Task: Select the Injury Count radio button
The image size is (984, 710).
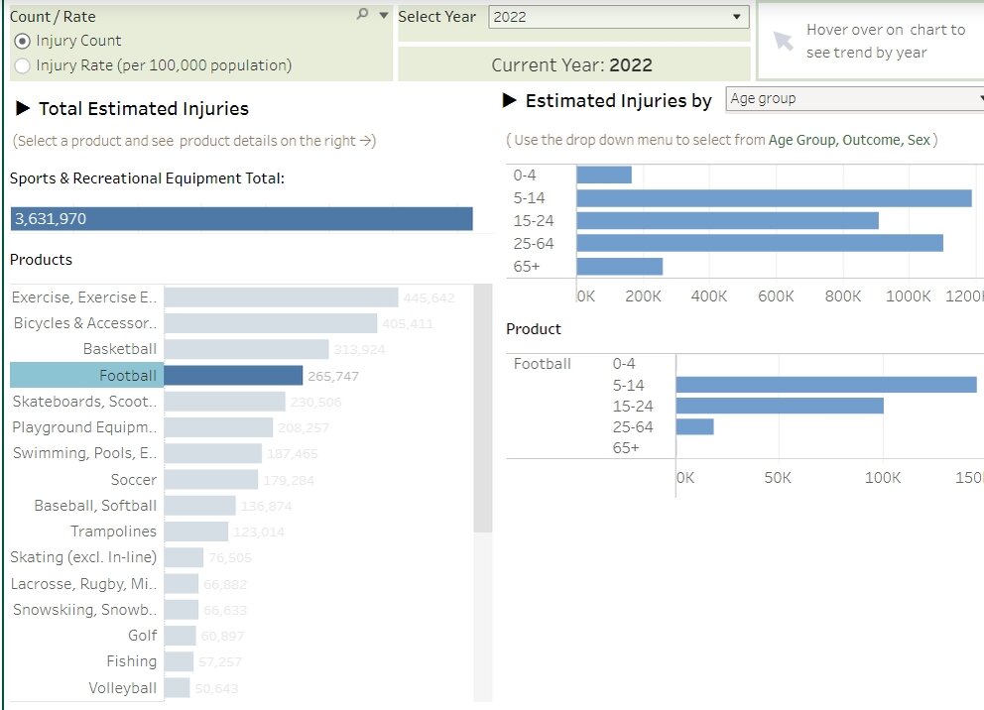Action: coord(23,42)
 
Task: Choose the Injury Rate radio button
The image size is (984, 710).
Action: coord(23,66)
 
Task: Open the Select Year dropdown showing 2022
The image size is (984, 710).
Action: coord(618,17)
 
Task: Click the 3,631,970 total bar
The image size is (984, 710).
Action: coord(241,219)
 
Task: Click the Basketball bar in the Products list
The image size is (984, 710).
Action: coord(246,349)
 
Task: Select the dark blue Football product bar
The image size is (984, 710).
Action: coord(233,376)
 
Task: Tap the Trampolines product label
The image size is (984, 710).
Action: coord(113,532)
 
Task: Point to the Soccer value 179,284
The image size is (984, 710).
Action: coord(289,481)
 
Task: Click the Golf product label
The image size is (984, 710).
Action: coord(142,636)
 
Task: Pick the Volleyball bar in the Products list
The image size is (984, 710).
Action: coord(177,688)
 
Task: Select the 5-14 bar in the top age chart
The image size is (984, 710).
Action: coord(774,197)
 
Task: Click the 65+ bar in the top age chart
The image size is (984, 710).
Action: coord(619,267)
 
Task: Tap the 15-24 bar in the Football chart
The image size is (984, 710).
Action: coord(780,406)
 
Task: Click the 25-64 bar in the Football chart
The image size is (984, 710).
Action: coord(694,426)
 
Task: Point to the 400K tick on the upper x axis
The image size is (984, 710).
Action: coord(708,296)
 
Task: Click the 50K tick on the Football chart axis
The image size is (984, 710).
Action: coord(778,478)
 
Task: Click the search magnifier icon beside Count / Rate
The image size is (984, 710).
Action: coord(362,14)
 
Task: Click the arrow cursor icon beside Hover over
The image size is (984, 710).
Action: coord(784,41)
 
